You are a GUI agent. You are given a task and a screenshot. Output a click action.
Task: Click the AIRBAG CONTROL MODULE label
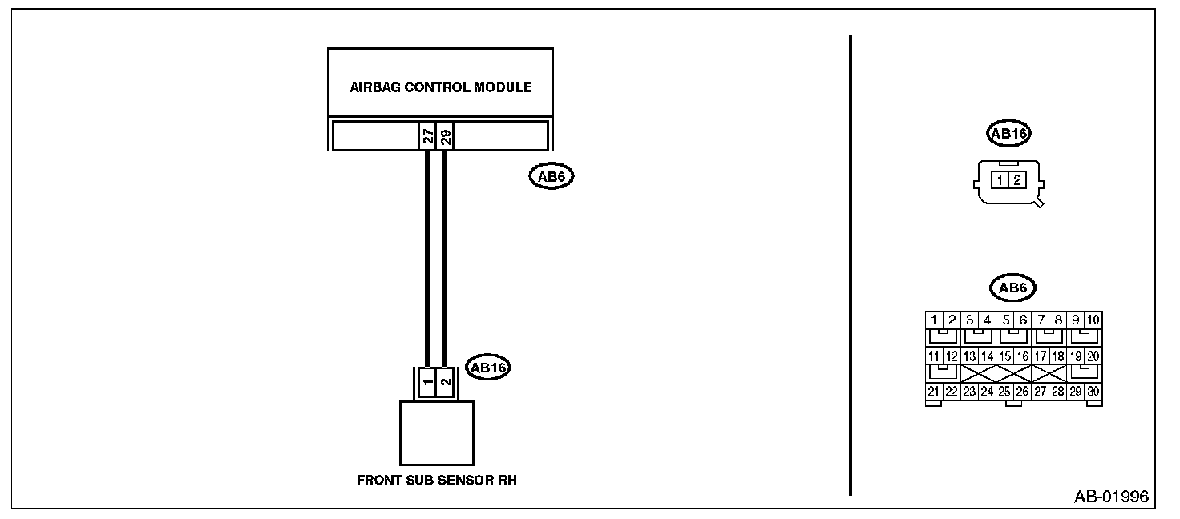pyautogui.click(x=440, y=87)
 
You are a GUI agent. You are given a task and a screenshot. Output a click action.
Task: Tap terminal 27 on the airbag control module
pyautogui.click(x=428, y=136)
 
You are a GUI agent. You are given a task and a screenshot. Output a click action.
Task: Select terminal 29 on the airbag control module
pyautogui.click(x=445, y=136)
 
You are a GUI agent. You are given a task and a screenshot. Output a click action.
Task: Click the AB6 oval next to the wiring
pyautogui.click(x=552, y=176)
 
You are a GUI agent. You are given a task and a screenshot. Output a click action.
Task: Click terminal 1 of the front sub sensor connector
pyautogui.click(x=427, y=381)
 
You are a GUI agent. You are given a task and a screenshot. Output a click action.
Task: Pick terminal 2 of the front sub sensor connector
pyautogui.click(x=445, y=381)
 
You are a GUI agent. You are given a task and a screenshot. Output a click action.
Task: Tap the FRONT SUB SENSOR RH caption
pyautogui.click(x=436, y=481)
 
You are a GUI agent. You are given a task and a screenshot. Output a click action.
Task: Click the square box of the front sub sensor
pyautogui.click(x=436, y=432)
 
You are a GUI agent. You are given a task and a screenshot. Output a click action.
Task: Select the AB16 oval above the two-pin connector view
pyautogui.click(x=1009, y=135)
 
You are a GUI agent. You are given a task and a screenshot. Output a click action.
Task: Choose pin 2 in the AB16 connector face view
pyautogui.click(x=1016, y=180)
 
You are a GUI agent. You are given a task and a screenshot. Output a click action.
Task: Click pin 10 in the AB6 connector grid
pyautogui.click(x=1093, y=320)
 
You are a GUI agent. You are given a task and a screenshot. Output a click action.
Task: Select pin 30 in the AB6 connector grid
pyautogui.click(x=1093, y=392)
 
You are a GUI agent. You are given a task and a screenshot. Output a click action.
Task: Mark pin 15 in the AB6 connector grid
pyautogui.click(x=1005, y=356)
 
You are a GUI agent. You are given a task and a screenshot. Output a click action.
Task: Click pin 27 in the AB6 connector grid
pyautogui.click(x=1041, y=392)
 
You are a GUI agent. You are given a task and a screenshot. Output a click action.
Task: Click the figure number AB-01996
pyautogui.click(x=1111, y=497)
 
